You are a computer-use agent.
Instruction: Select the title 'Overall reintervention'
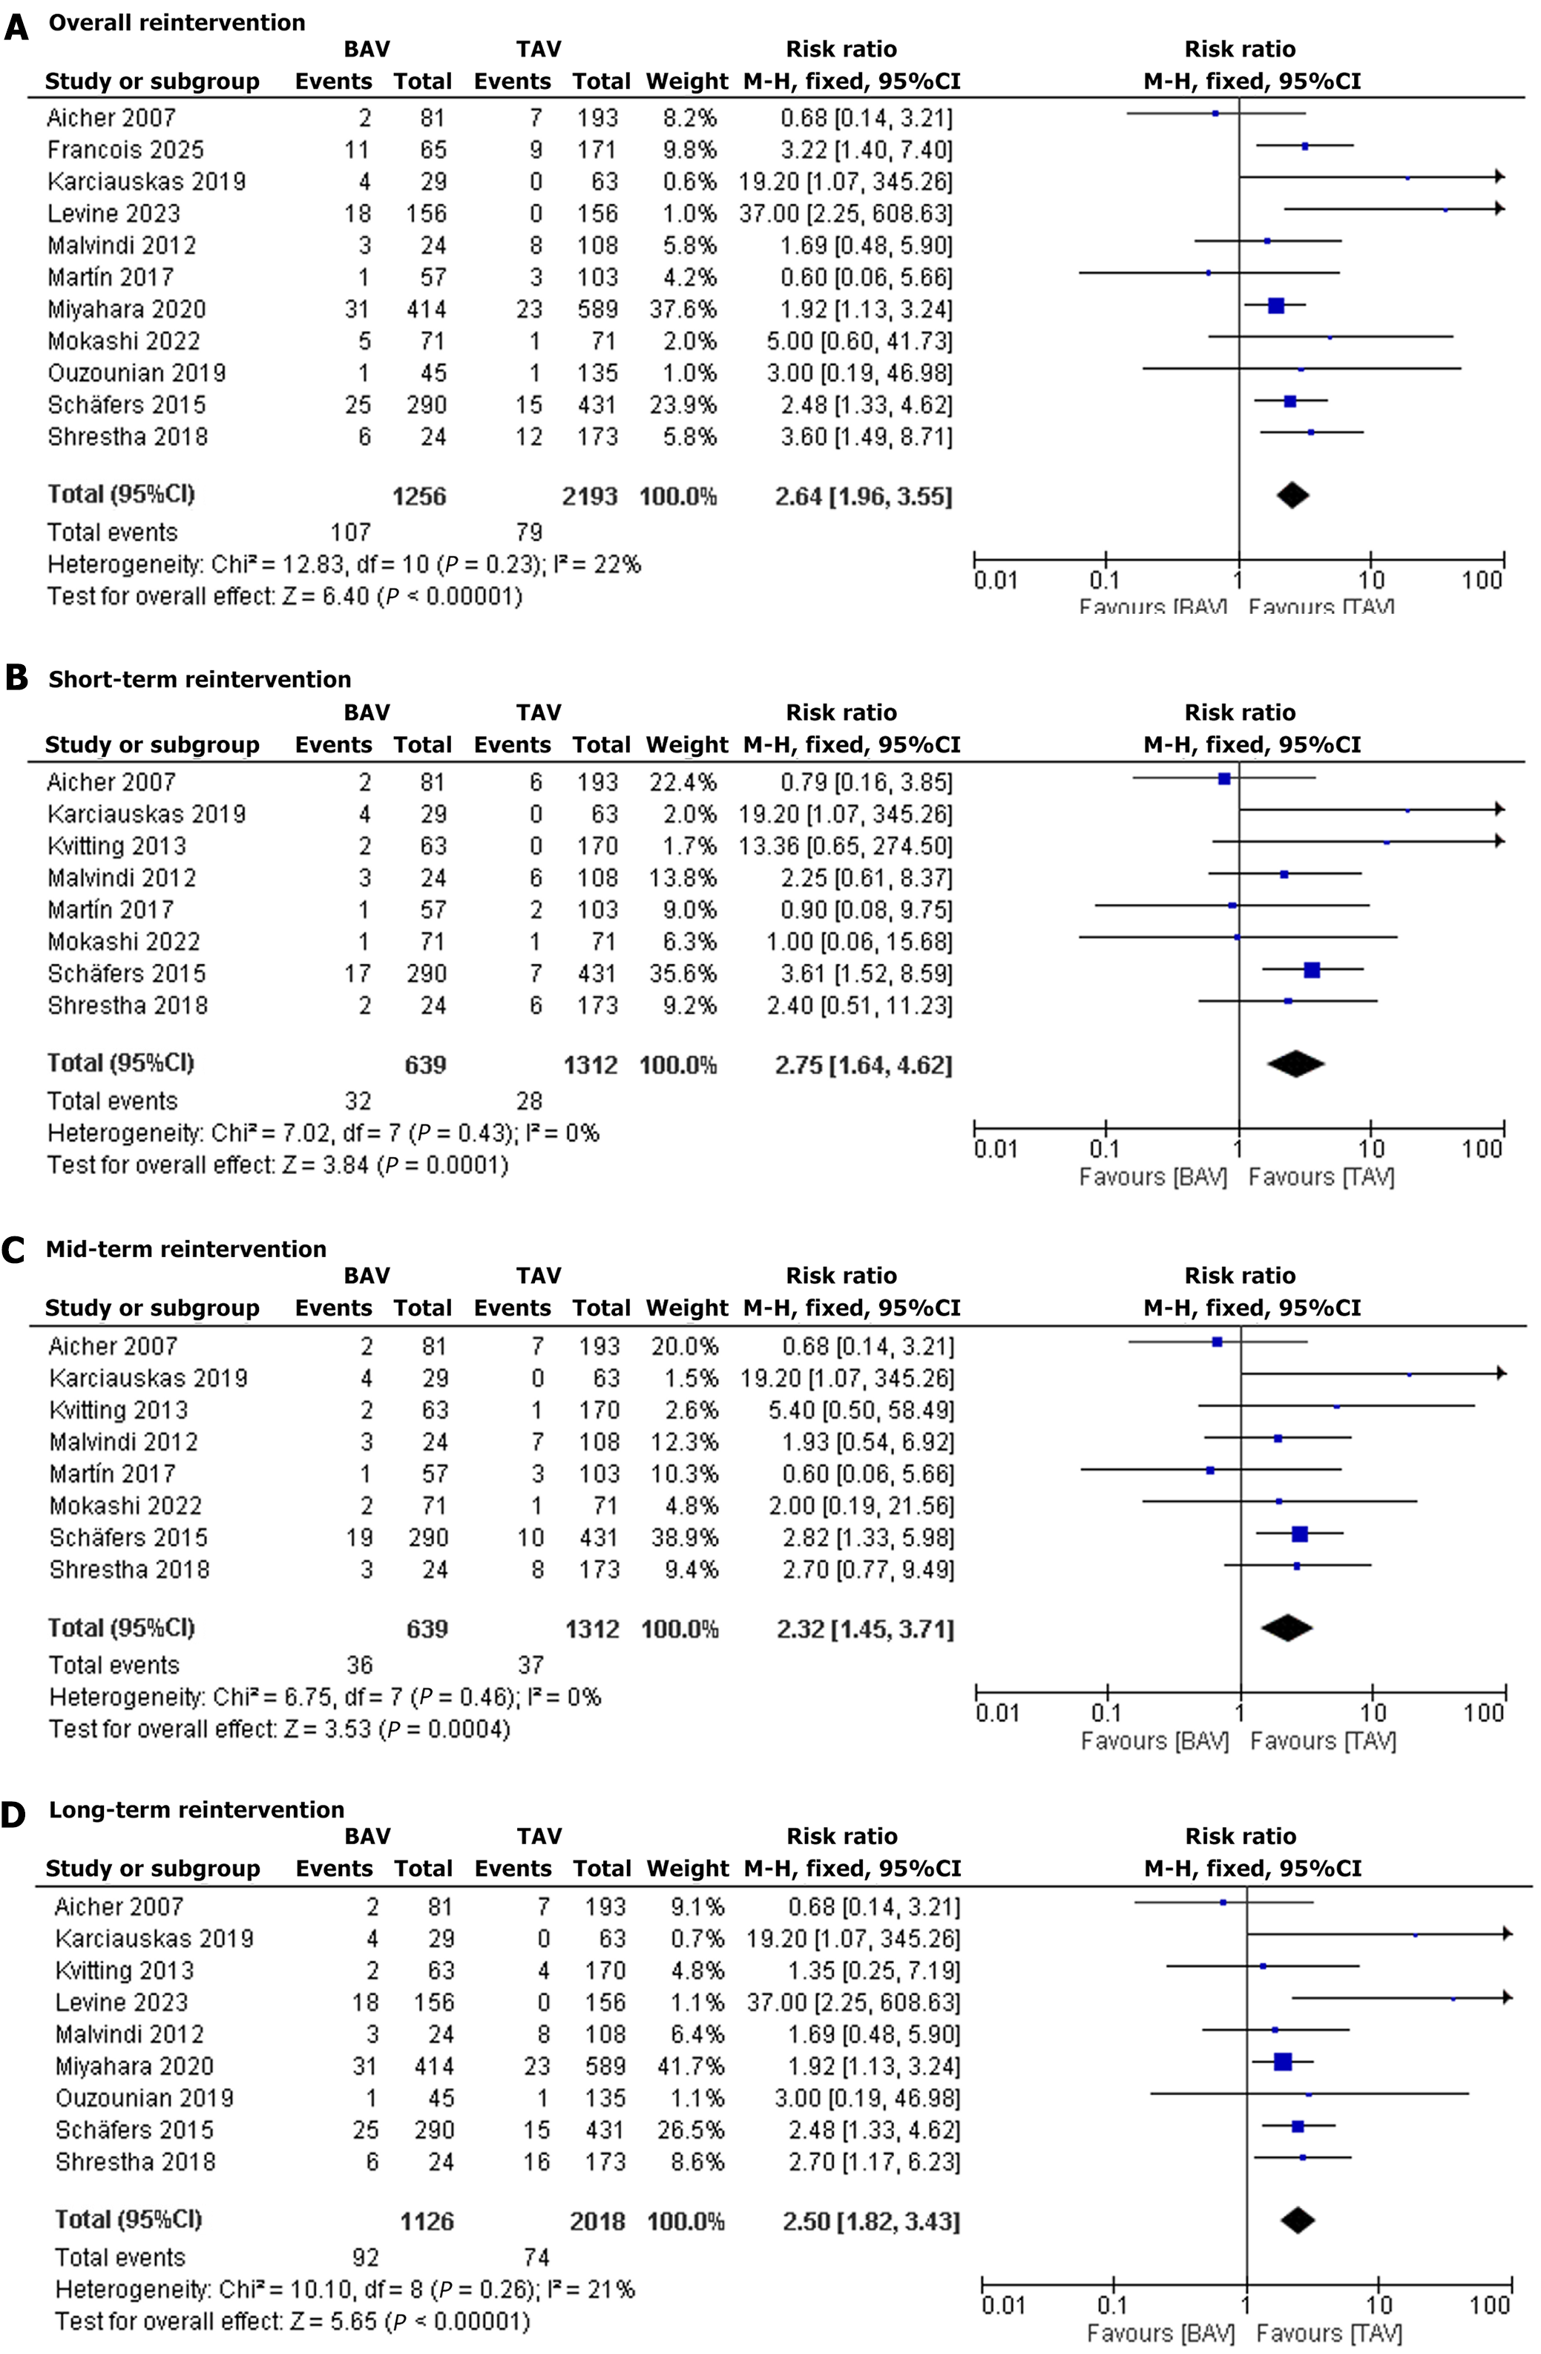click(x=177, y=23)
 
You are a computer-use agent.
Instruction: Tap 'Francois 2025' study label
click(x=125, y=149)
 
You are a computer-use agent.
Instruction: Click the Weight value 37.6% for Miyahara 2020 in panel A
click(x=683, y=309)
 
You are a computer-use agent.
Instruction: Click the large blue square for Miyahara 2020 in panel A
click(x=1276, y=306)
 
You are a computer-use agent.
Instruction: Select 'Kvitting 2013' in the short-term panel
click(x=116, y=846)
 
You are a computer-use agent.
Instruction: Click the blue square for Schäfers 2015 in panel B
click(x=1312, y=970)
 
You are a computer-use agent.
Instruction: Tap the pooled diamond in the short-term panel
click(x=1295, y=1063)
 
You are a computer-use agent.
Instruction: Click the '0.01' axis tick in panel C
click(x=997, y=1712)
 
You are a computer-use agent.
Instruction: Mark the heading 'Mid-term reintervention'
click(x=186, y=1249)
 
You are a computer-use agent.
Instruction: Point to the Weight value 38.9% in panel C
click(x=685, y=1537)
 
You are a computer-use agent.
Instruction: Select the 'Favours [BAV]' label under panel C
click(x=1154, y=1741)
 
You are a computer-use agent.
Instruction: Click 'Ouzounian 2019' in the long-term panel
click(x=145, y=2098)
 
